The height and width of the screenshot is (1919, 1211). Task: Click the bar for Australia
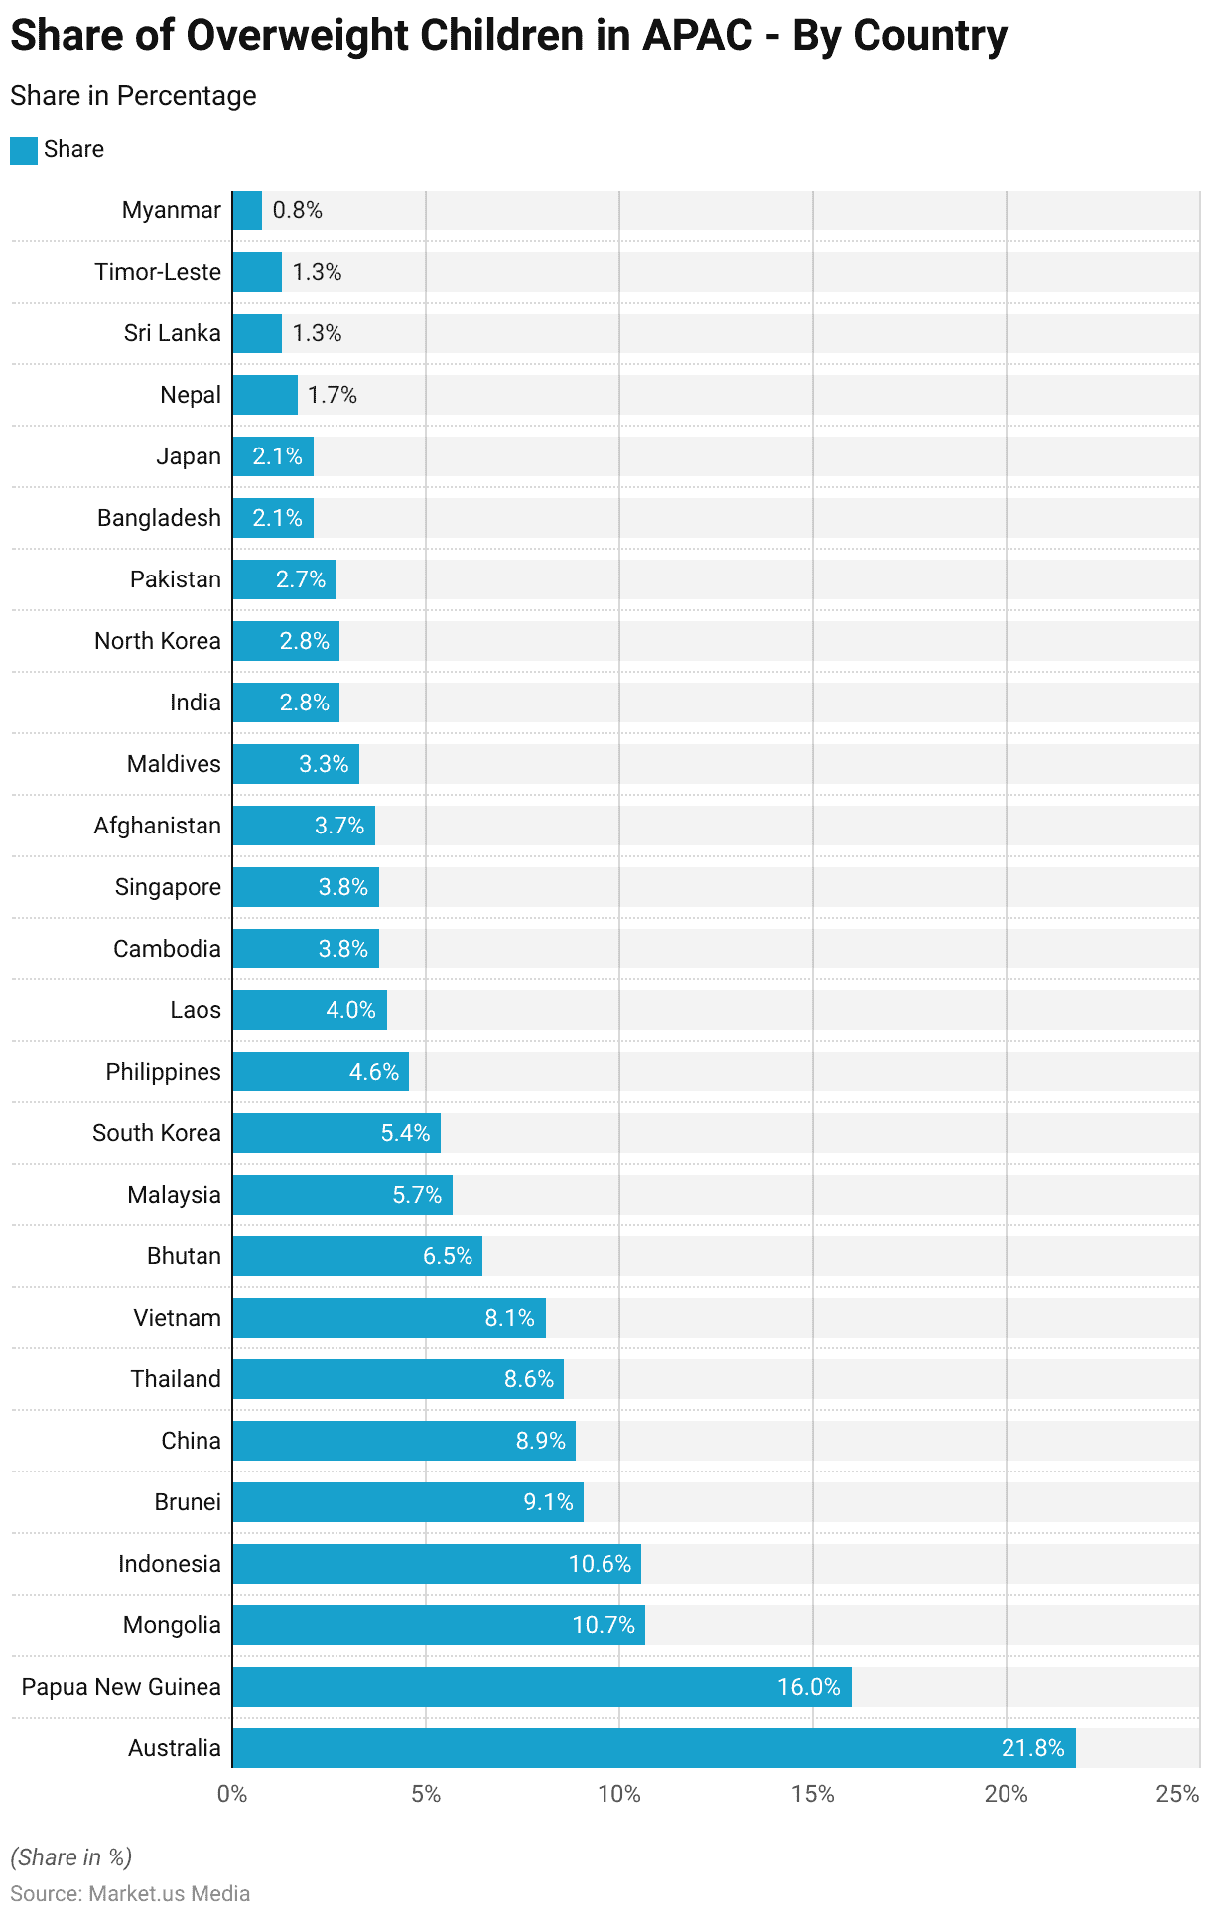(x=653, y=1747)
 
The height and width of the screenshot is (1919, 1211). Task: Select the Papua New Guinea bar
(x=541, y=1686)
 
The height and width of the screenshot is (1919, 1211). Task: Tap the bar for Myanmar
(x=247, y=210)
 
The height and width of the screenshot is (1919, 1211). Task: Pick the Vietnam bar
(x=389, y=1317)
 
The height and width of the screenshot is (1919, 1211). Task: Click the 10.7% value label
(x=604, y=1624)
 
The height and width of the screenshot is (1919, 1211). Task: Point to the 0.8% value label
(x=298, y=210)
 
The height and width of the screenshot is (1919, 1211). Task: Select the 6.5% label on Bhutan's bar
(x=448, y=1255)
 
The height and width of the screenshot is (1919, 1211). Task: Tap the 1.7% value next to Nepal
(x=333, y=395)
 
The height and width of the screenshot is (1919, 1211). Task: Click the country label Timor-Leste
(x=158, y=272)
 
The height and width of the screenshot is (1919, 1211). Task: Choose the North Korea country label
(x=158, y=641)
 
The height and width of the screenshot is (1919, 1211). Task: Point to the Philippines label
(x=164, y=1072)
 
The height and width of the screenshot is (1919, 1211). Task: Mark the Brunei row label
(x=188, y=1502)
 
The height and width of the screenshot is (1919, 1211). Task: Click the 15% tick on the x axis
(x=813, y=1794)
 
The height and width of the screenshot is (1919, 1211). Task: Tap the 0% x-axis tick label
(x=232, y=1794)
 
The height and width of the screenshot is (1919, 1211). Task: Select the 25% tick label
(x=1178, y=1794)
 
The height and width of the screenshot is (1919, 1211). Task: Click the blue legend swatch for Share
(x=24, y=150)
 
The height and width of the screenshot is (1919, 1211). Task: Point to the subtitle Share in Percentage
(x=133, y=96)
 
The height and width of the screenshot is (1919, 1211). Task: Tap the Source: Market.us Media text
(x=130, y=1893)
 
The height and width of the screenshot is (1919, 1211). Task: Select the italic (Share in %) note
(x=71, y=1857)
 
